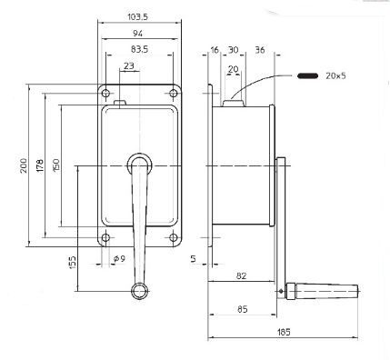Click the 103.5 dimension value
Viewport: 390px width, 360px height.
click(x=138, y=17)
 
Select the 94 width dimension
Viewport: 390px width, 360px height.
click(x=138, y=34)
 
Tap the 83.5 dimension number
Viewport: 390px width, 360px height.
click(x=138, y=49)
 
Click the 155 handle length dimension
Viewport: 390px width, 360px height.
click(x=72, y=265)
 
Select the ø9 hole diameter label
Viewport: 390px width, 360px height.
click(x=118, y=259)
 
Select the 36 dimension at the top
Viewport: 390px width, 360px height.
click(x=259, y=51)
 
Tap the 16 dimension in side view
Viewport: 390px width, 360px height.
click(x=215, y=51)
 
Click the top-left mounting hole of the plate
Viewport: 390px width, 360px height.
click(x=107, y=95)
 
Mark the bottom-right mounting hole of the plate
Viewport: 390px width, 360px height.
click(x=170, y=238)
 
